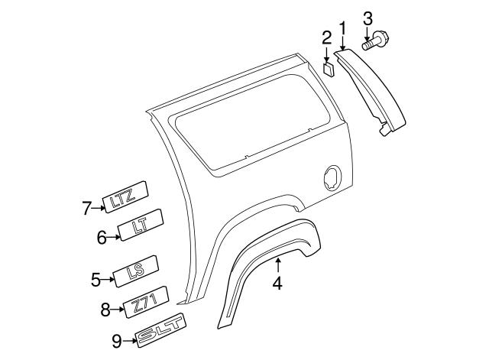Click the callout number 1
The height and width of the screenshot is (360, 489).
pyautogui.click(x=343, y=29)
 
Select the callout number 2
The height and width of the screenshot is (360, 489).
pyautogui.click(x=326, y=37)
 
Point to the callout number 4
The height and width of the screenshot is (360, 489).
pyautogui.click(x=277, y=284)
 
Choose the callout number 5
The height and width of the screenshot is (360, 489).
pyautogui.click(x=96, y=280)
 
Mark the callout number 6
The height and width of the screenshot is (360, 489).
pyautogui.click(x=102, y=238)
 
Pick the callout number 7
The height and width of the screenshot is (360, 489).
pyautogui.click(x=86, y=206)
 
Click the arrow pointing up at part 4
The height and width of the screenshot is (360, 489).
pyautogui.click(x=278, y=266)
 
